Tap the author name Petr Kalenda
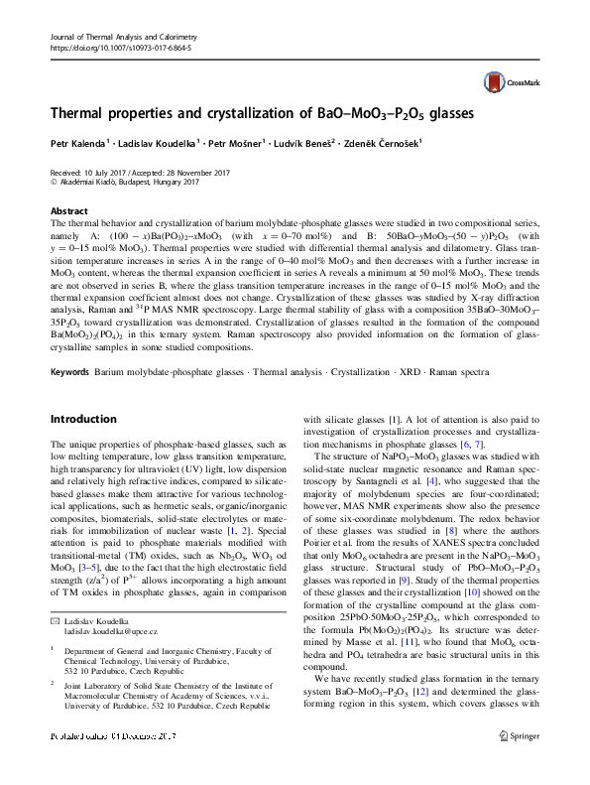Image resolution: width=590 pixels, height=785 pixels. (77, 145)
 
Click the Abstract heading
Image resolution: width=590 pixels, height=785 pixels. (68, 211)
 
